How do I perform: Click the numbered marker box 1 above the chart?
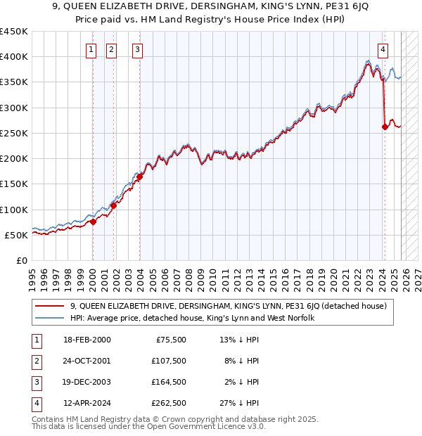click(92, 49)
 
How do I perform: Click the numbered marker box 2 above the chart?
click(112, 49)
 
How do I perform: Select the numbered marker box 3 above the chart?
click(137, 49)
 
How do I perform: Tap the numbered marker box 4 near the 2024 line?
click(383, 49)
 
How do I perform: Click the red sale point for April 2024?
click(385, 127)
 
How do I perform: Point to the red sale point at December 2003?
click(140, 177)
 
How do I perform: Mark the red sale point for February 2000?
click(93, 222)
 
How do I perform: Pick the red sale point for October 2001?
click(113, 205)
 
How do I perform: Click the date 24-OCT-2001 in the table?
click(87, 361)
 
